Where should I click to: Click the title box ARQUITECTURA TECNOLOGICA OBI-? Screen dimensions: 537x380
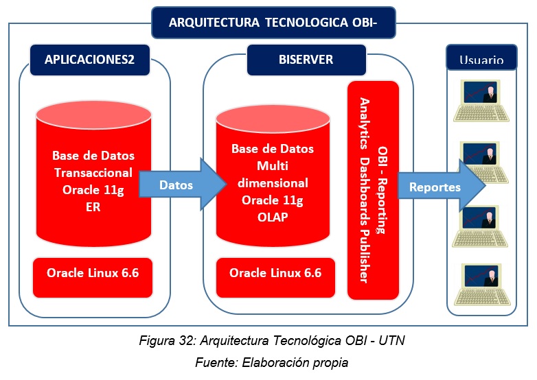pos(273,23)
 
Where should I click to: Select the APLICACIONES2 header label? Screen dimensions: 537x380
pos(90,60)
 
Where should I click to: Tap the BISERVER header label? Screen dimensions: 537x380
pos(306,60)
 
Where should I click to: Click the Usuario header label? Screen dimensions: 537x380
pos(481,58)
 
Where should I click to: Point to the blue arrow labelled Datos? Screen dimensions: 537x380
pos(183,185)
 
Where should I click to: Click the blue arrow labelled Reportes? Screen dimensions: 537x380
pos(442,187)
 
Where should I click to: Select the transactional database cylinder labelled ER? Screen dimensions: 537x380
pos(93,174)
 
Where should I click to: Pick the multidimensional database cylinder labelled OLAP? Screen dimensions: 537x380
pos(273,176)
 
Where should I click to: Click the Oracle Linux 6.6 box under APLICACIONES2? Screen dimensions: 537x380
pos(93,278)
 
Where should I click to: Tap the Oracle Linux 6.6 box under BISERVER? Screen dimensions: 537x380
pos(275,278)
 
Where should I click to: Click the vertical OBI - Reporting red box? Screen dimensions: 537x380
pos(373,190)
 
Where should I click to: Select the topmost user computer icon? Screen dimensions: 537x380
pos(481,101)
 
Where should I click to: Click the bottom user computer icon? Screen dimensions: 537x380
pos(482,285)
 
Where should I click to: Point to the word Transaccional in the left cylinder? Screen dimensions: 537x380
pos(93,173)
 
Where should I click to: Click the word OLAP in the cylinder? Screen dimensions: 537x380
pos(273,217)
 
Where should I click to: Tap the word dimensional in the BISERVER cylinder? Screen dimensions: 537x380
pos(273,183)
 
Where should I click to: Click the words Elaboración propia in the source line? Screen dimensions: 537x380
pos(295,363)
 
